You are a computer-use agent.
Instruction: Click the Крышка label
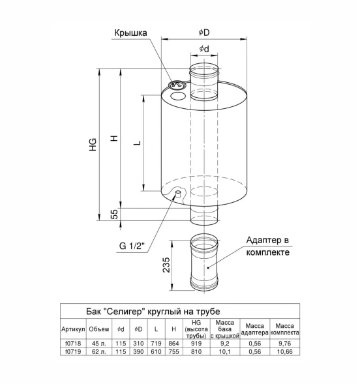[x=130, y=33]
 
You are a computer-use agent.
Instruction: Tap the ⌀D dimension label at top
[x=204, y=32]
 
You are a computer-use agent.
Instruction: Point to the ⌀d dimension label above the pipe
[x=204, y=49]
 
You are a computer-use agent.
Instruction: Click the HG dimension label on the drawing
[x=93, y=145]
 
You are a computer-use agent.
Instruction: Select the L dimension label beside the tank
[x=138, y=143]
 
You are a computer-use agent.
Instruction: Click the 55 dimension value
[x=114, y=214]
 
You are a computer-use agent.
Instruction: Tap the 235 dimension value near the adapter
[x=166, y=265]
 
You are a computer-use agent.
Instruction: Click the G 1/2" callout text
[x=132, y=245]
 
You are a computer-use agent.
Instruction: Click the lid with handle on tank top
[x=177, y=85]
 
